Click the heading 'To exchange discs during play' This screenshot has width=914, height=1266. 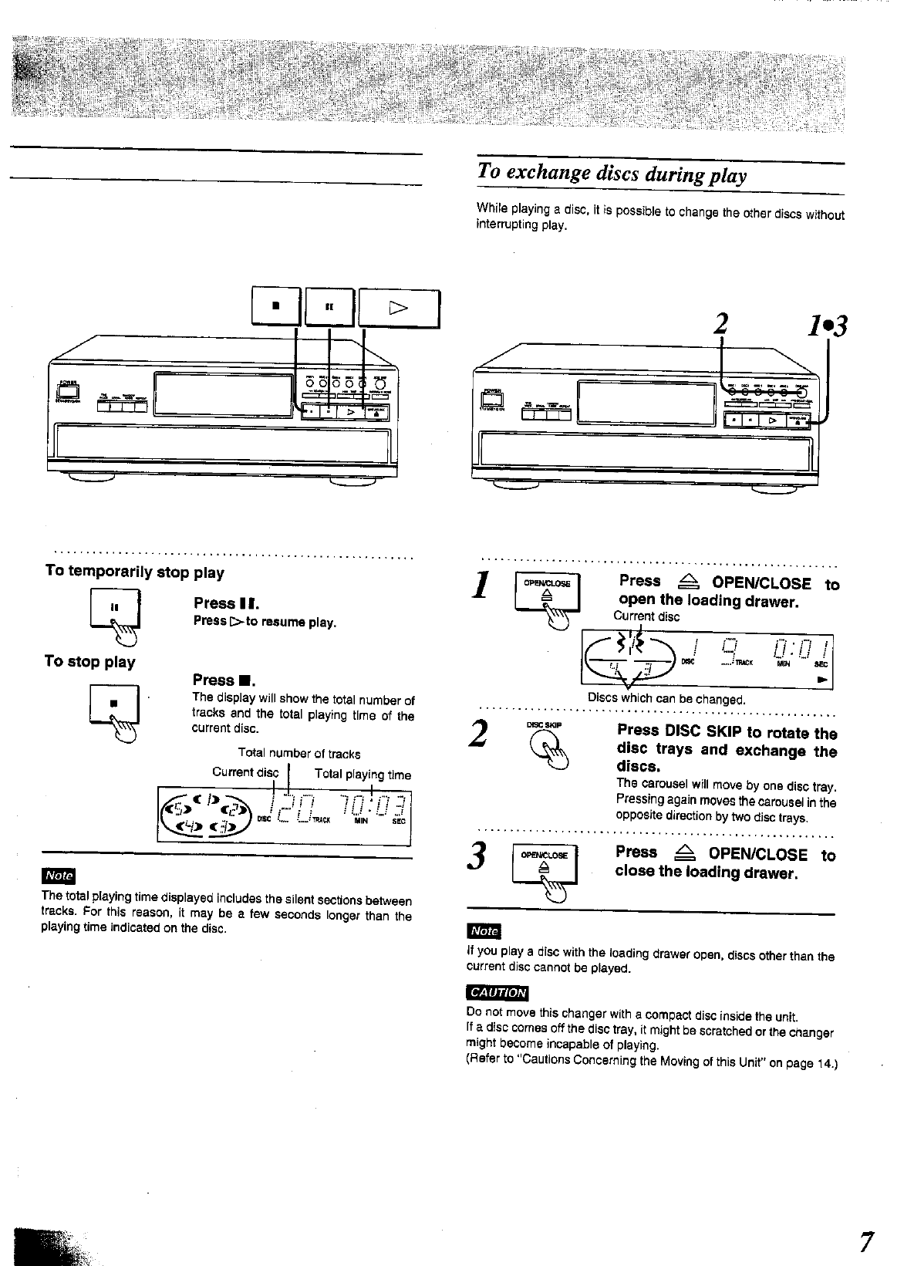(612, 174)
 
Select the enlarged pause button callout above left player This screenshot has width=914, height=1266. (329, 307)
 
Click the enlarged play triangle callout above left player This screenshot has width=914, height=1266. (399, 308)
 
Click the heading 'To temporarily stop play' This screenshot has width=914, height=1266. (134, 572)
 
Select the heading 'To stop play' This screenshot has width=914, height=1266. (89, 661)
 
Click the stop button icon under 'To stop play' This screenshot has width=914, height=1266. (113, 704)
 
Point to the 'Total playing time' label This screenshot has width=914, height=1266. (363, 775)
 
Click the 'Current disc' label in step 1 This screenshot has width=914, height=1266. (646, 616)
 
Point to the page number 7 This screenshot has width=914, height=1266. (867, 1241)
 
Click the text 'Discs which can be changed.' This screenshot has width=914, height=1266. (666, 700)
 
